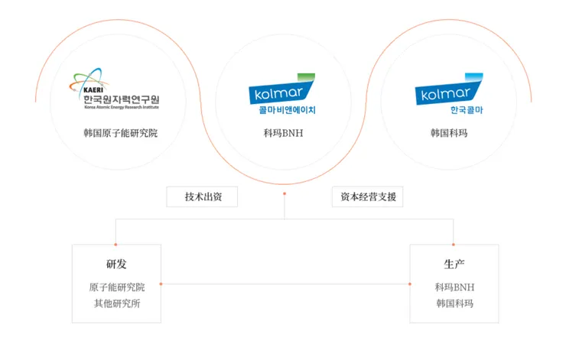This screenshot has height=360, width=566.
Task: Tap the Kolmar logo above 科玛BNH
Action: point(282,92)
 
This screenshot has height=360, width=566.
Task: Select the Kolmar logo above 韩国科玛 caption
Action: point(449,92)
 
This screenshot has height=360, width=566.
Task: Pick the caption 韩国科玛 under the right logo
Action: point(449,133)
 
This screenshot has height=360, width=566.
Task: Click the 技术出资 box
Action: point(202,197)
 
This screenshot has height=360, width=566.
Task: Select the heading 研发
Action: point(116,264)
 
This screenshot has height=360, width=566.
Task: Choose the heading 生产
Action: point(454,264)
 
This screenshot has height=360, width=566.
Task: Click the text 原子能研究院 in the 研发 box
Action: point(116,287)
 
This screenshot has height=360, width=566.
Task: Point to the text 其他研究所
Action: point(116,303)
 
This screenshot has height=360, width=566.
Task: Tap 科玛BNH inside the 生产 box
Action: point(454,287)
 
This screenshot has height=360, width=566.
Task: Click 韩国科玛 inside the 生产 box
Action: point(454,303)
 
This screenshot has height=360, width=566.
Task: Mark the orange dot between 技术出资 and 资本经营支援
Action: point(285,193)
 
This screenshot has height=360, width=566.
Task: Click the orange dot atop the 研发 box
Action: point(116,245)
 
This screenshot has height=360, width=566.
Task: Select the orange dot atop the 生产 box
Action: point(454,245)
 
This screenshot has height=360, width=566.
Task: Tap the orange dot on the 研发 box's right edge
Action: point(161,284)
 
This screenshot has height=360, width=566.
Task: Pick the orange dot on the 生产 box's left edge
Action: point(411,284)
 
